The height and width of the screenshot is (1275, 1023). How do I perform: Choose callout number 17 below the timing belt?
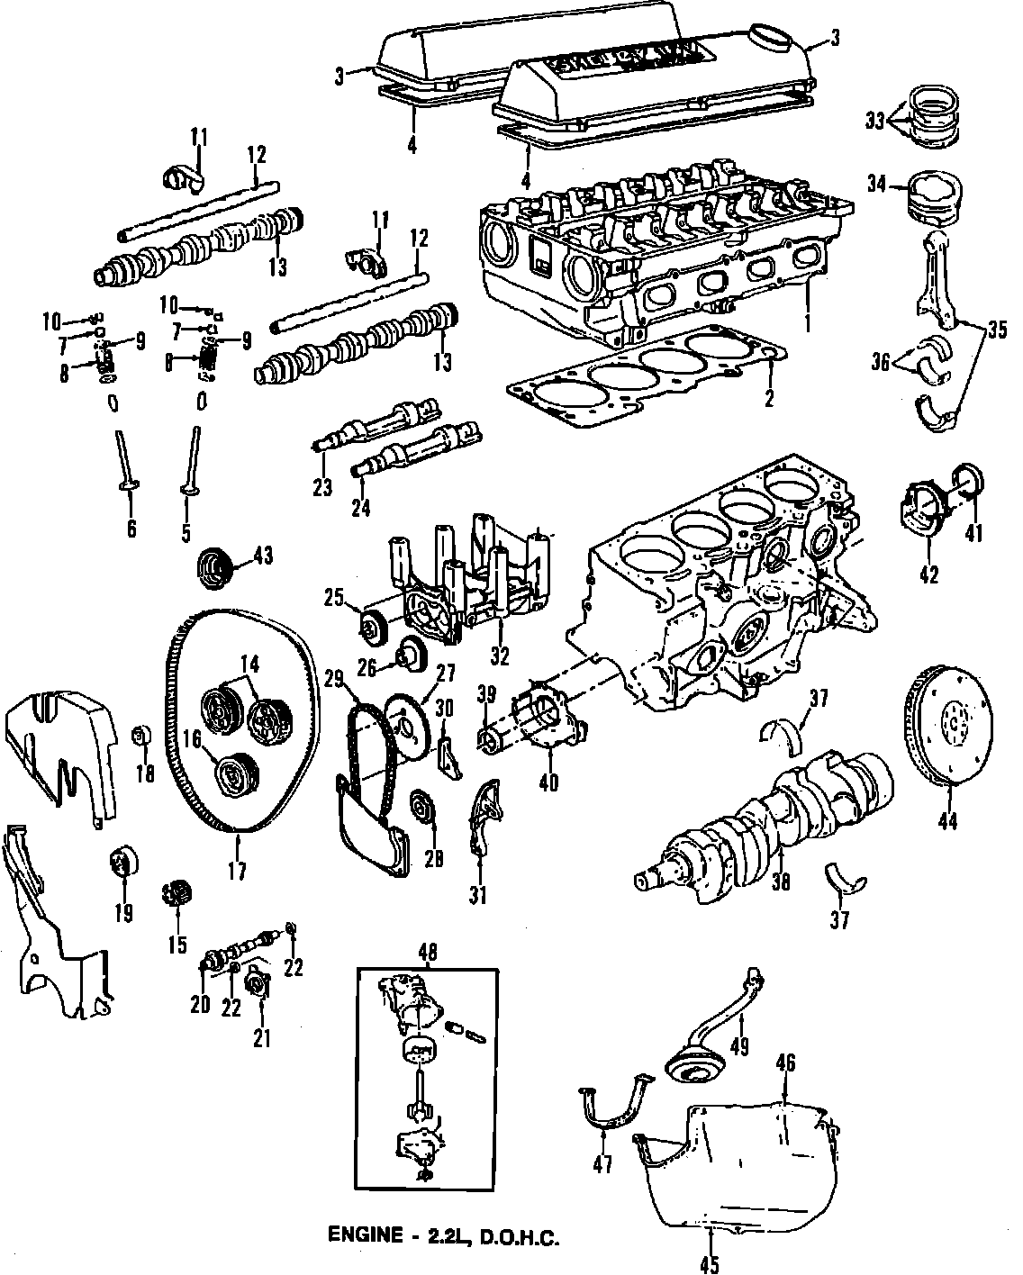tap(237, 871)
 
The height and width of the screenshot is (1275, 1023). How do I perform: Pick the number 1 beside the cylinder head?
tap(808, 321)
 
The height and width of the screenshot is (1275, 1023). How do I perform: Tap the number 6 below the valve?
tap(131, 529)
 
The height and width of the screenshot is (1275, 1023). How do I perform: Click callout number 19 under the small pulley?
tap(123, 913)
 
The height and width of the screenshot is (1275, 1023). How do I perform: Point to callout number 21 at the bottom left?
tap(262, 1038)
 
